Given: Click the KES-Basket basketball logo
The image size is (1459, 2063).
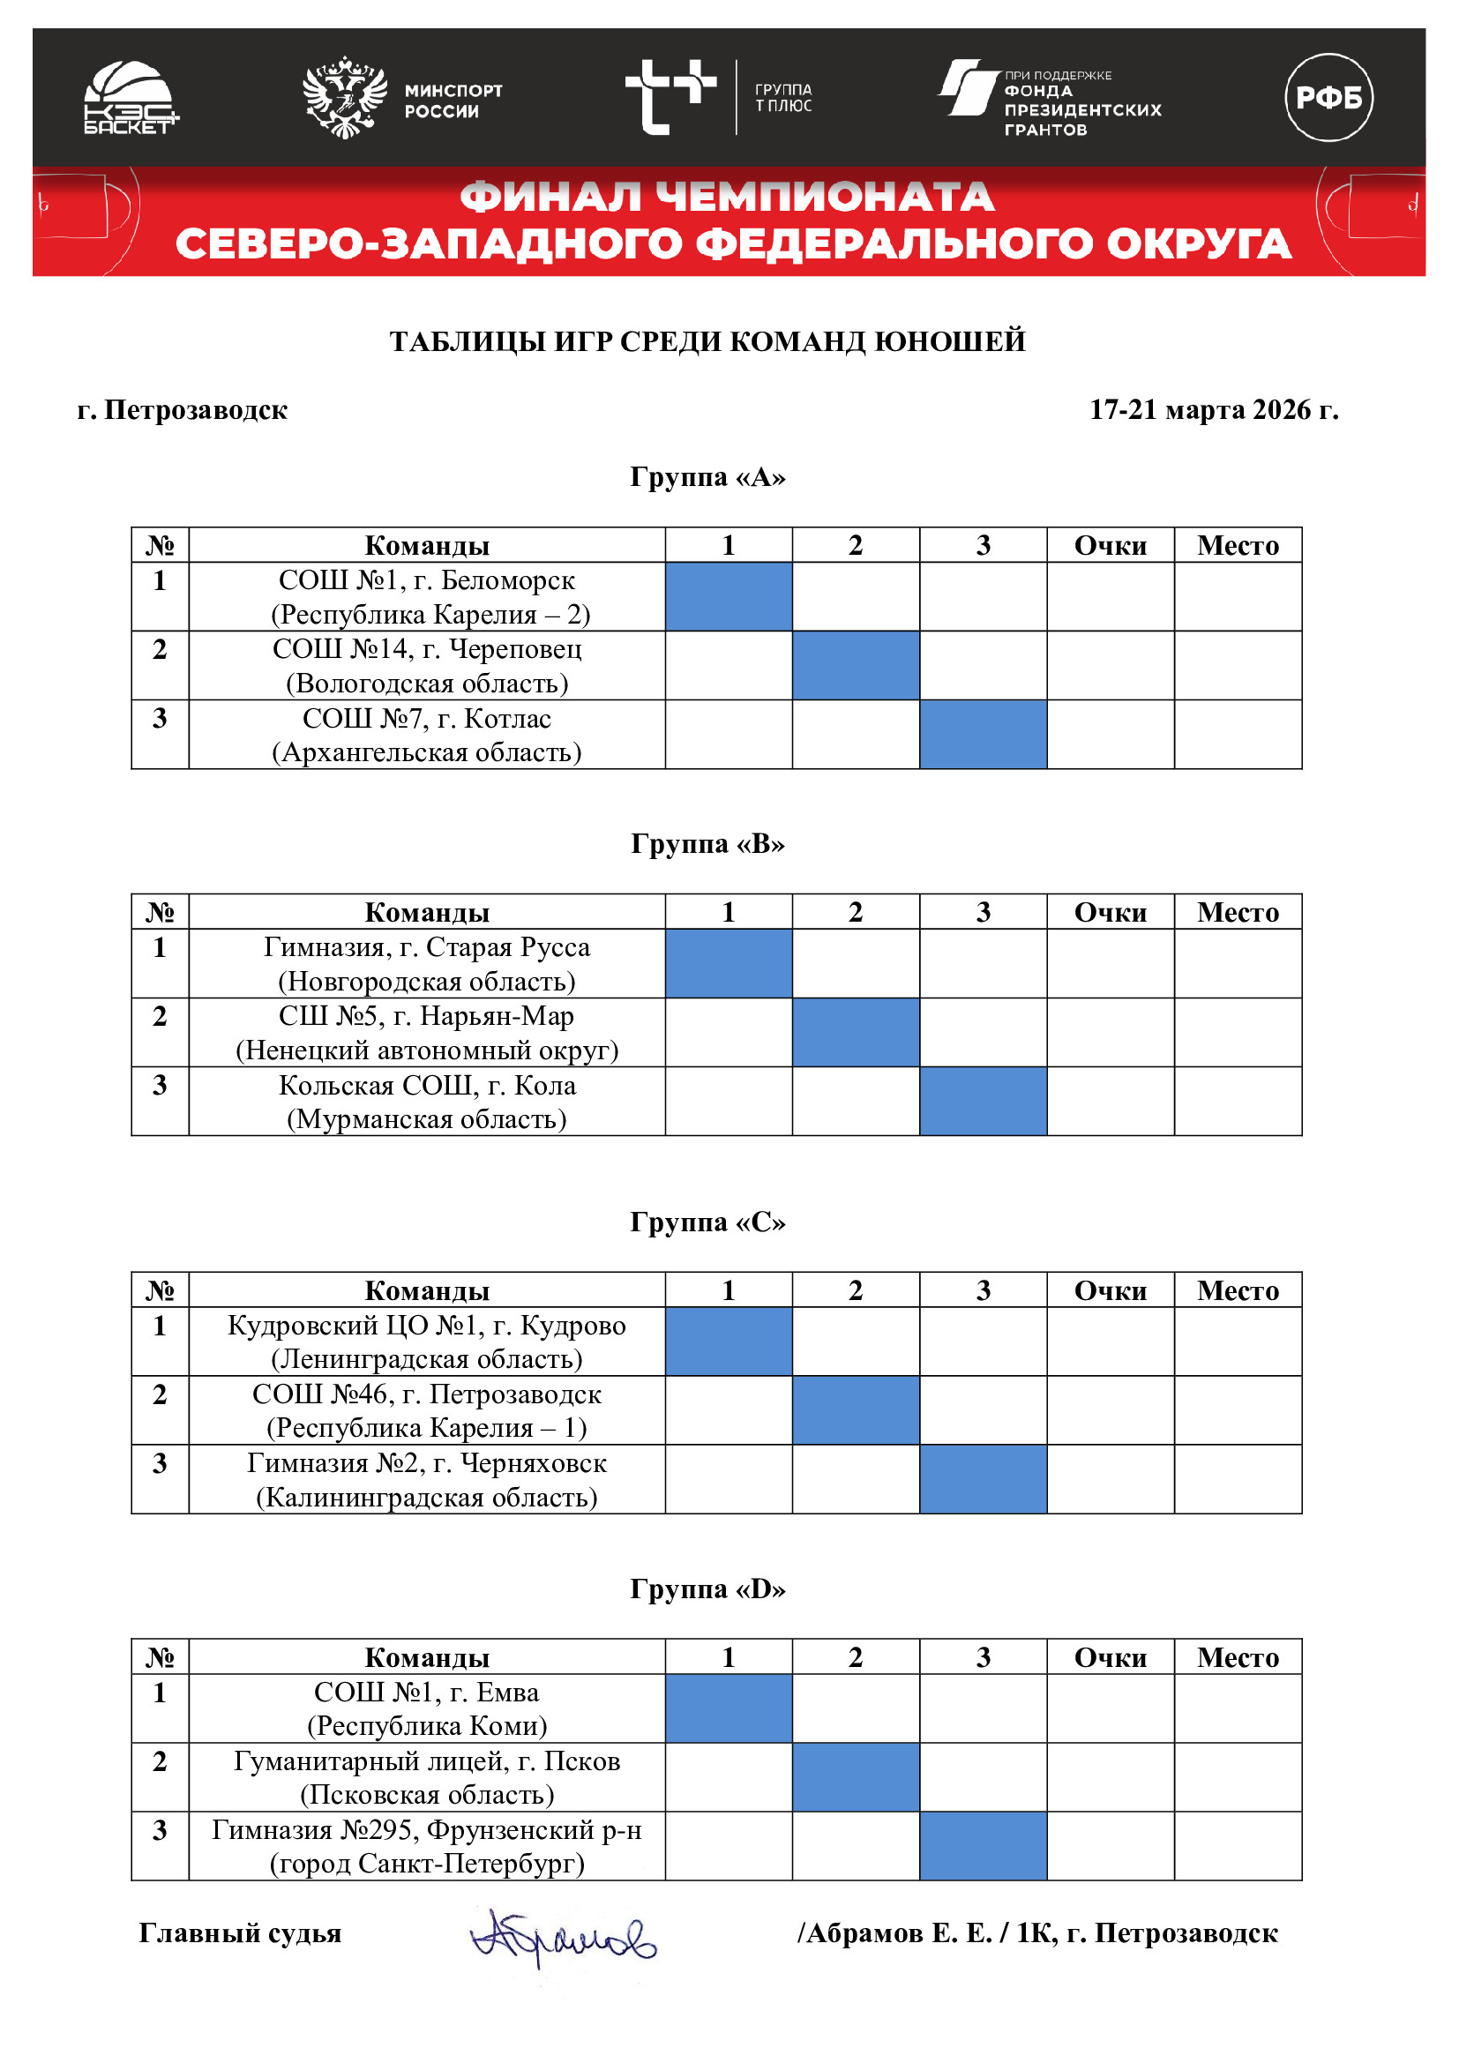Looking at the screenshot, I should click(131, 97).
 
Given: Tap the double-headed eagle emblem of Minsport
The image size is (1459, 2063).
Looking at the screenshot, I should click(344, 97).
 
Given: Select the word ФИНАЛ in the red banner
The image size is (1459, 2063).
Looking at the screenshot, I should click(550, 198).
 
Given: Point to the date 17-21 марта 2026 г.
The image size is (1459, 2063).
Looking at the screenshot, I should click(1213, 410).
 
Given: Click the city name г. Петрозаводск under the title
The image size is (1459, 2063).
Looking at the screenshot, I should click(183, 410).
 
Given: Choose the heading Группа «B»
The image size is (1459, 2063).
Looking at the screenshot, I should click(707, 844).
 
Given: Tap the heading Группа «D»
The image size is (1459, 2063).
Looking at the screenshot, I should click(707, 1588).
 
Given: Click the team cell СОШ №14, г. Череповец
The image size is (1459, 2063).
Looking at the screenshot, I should click(427, 666).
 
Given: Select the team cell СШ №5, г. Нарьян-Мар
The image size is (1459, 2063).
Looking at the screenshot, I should click(427, 1033).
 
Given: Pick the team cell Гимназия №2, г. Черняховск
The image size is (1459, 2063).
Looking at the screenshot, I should click(427, 1480).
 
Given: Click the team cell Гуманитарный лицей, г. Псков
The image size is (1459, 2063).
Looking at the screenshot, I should click(427, 1777).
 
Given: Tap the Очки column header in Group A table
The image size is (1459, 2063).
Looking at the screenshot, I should click(1110, 545).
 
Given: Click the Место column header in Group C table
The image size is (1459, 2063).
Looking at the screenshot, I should click(1237, 1290).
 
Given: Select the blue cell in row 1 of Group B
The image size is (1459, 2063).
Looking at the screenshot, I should click(728, 963).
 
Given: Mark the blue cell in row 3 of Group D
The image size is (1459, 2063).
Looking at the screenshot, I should click(982, 1845).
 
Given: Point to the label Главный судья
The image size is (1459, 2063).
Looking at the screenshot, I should click(240, 1932).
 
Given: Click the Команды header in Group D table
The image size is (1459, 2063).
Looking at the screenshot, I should click(427, 1657).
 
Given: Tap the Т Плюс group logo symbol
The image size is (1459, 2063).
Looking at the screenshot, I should click(670, 97).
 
